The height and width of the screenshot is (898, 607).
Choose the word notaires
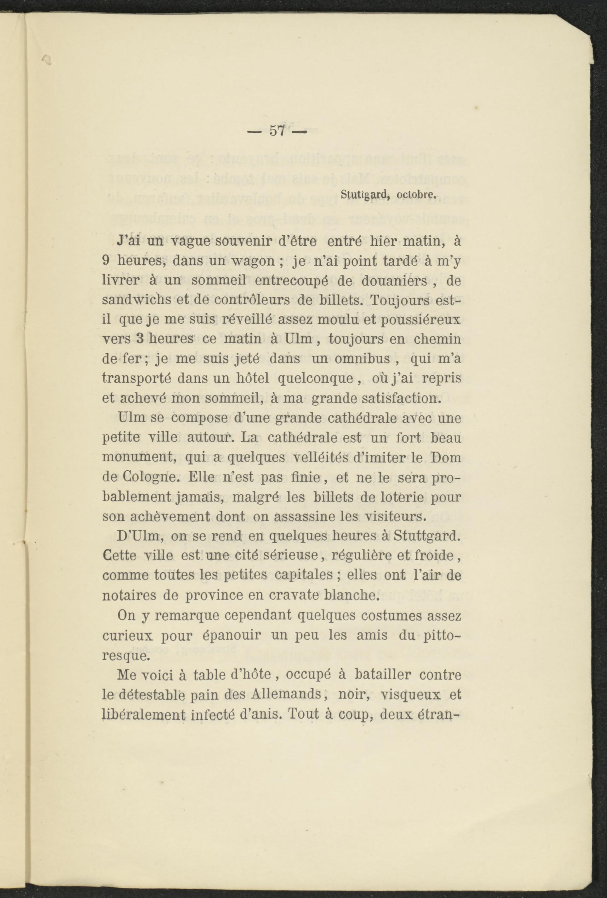(x=128, y=595)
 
